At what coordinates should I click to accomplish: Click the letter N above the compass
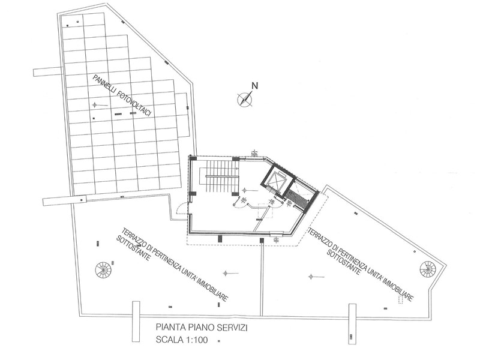(254, 86)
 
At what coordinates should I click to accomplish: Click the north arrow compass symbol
(245, 99)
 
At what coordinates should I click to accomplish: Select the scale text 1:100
(196, 340)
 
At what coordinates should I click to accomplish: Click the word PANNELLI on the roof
(106, 86)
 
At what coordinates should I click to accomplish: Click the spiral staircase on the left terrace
(103, 269)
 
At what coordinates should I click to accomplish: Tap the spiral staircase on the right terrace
(428, 269)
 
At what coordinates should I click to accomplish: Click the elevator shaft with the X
(278, 181)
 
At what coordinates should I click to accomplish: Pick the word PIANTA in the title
(169, 328)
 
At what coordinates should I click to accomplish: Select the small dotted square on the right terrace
(400, 299)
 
